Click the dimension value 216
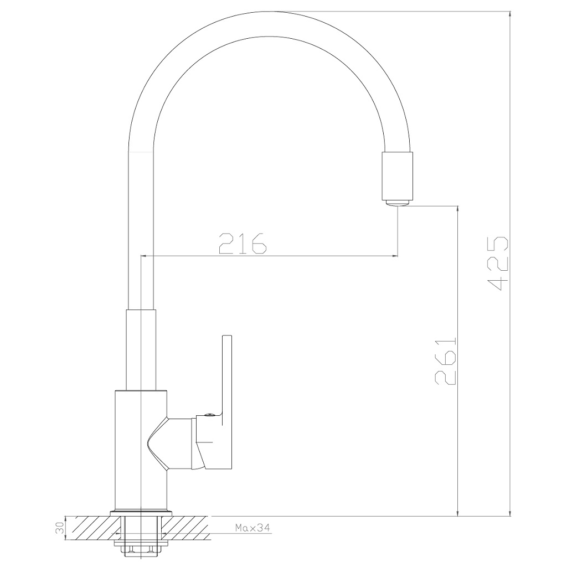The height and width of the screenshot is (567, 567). (243, 243)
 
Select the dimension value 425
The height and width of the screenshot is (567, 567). (498, 264)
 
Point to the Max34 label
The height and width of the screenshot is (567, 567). (252, 528)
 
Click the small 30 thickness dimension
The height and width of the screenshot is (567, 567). (60, 528)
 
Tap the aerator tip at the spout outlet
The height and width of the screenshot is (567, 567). (398, 203)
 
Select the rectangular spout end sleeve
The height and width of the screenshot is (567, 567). (398, 176)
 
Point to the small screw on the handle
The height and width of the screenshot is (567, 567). (208, 415)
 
